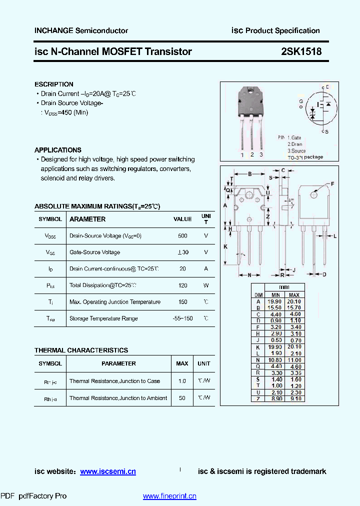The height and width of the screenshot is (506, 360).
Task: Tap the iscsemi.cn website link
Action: tap(108, 471)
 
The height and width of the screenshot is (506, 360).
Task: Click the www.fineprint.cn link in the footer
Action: tap(169, 496)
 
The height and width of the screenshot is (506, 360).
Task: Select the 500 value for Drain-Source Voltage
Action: tap(182, 235)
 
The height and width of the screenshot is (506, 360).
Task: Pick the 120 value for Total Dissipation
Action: tap(182, 285)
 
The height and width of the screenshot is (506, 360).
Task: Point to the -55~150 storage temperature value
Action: tap(182, 318)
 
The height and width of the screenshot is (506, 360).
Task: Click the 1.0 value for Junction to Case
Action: tap(182, 381)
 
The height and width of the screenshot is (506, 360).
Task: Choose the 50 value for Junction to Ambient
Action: tap(182, 398)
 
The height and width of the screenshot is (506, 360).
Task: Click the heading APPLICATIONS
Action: tap(58, 150)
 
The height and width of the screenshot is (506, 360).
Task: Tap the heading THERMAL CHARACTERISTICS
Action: tap(81, 350)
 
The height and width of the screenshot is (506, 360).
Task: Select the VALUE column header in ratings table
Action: tap(182, 219)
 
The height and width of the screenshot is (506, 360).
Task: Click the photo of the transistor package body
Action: tap(251, 103)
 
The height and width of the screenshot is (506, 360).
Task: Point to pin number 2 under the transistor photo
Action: tap(251, 155)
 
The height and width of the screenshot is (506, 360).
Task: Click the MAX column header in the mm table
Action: tap(294, 295)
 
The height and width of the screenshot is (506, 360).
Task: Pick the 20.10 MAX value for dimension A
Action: tap(294, 301)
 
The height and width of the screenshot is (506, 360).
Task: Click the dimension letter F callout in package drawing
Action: tap(332, 184)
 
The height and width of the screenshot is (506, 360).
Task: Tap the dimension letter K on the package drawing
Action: tap(225, 247)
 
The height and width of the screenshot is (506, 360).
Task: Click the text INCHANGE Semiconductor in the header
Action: tap(81, 31)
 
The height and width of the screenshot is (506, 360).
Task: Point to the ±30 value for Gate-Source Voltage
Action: tap(182, 252)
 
